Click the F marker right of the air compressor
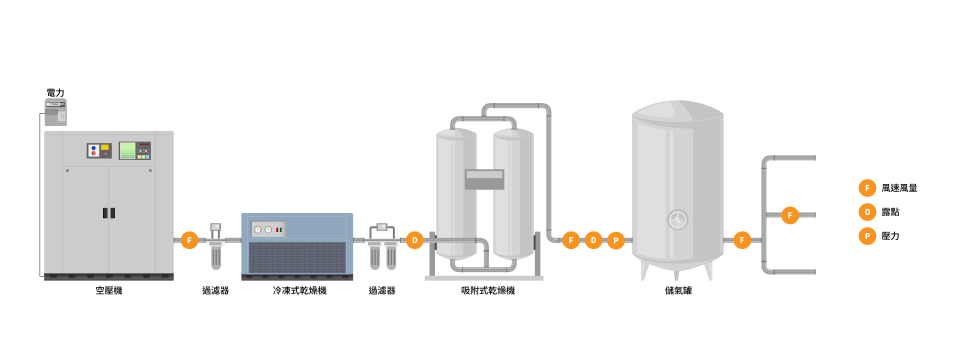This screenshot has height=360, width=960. [189, 240]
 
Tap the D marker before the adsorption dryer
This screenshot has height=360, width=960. [414, 240]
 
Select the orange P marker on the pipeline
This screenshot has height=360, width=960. [615, 240]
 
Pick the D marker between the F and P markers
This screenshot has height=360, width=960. [593, 240]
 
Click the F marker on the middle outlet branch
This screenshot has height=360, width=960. [790, 215]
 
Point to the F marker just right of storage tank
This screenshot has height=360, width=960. [742, 240]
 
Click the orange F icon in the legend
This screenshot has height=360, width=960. [867, 188]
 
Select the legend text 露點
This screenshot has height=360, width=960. [890, 212]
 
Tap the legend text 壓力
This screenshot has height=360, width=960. [890, 236]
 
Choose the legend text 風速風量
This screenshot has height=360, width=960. [899, 188]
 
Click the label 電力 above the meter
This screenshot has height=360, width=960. [55, 93]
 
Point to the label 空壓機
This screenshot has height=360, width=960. [109, 290]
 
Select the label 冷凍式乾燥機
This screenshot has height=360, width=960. [299, 290]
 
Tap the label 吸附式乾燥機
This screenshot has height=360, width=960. [488, 290]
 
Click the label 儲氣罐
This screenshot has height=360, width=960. [678, 290]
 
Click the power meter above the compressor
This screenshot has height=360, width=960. [55, 112]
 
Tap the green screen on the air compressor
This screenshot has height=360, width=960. [127, 150]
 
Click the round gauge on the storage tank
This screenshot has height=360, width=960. [678, 219]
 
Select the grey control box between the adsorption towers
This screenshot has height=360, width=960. [484, 179]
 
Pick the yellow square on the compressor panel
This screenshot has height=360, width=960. [105, 147]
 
